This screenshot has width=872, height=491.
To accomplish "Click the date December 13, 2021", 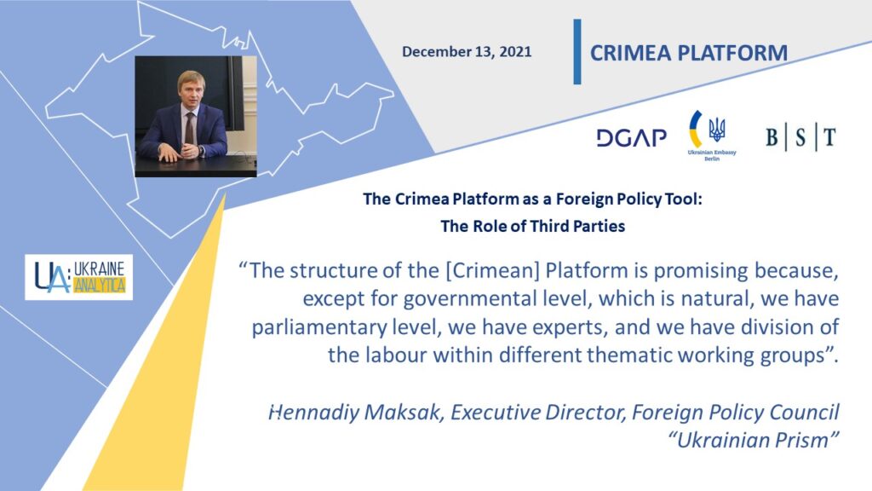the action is click(x=467, y=52).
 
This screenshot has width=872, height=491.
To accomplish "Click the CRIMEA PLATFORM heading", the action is click(x=688, y=53).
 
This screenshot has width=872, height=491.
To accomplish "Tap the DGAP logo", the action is click(x=631, y=137).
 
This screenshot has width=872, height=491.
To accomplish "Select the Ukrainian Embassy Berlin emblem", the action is click(x=711, y=136).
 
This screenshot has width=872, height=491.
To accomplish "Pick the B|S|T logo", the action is click(x=800, y=137).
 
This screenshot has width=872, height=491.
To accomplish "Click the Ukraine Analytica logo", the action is click(x=79, y=277).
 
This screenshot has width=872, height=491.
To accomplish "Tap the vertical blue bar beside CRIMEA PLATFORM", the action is click(x=577, y=52).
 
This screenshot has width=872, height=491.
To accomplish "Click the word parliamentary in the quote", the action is click(x=318, y=327).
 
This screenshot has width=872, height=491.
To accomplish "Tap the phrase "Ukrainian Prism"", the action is click(x=753, y=441).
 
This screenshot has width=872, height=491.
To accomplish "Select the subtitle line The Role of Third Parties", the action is click(x=533, y=226).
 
